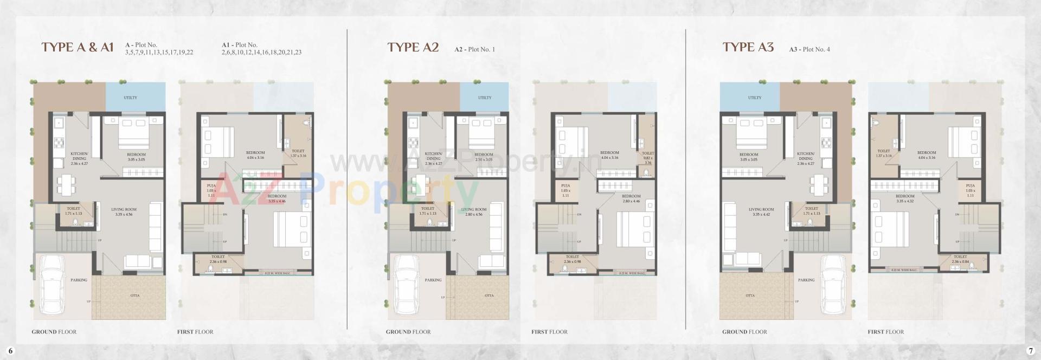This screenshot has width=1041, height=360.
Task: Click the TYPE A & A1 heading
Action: click(78, 47)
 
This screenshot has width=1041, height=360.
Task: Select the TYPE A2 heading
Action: click(413, 47)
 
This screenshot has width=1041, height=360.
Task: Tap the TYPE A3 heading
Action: click(748, 47)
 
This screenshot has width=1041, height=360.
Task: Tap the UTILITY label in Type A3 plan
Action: click(754, 98)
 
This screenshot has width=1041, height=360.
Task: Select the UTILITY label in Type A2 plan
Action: click(485, 98)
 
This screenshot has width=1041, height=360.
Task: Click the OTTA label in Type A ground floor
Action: click(135, 295)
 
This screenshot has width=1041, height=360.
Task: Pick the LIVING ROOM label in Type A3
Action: click(761, 209)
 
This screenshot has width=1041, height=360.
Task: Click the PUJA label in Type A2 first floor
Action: click(566, 186)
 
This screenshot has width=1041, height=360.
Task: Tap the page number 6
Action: click(10, 350)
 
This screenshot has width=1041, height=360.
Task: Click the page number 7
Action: click(1030, 350)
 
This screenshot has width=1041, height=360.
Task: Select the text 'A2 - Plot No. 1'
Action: click(474, 49)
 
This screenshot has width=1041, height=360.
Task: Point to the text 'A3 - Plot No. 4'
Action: click(809, 49)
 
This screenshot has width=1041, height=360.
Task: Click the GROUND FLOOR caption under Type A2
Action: click(408, 332)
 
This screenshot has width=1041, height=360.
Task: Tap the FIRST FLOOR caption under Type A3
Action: click(885, 332)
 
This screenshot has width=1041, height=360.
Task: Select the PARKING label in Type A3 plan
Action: click(806, 280)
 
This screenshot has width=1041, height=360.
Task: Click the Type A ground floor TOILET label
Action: click(73, 208)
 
